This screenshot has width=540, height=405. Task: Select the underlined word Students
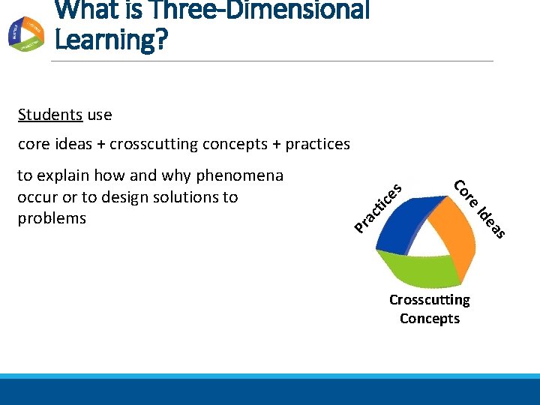pos(50,115)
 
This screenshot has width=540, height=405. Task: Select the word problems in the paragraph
pos(52,218)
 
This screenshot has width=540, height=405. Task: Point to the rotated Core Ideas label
pos(480,210)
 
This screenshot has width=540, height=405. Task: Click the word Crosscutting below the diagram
pos(429,300)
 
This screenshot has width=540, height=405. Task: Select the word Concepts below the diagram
pos(429,319)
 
